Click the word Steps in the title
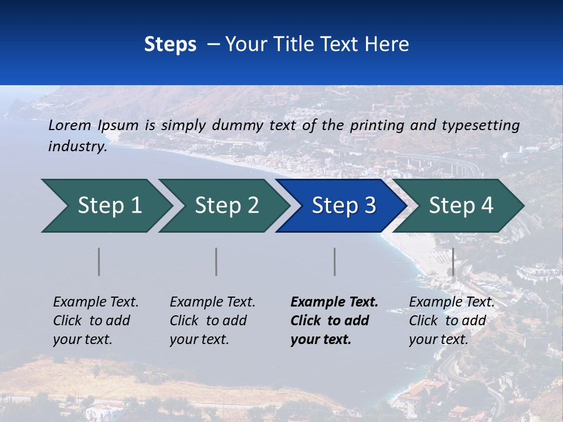(170, 45)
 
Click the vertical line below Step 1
(99, 261)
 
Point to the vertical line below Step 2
(216, 261)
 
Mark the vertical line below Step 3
(335, 261)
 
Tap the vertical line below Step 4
(453, 261)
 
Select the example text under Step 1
(96, 320)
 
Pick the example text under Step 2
(212, 320)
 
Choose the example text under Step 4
(452, 320)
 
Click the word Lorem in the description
(70, 125)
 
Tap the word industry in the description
(77, 146)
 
